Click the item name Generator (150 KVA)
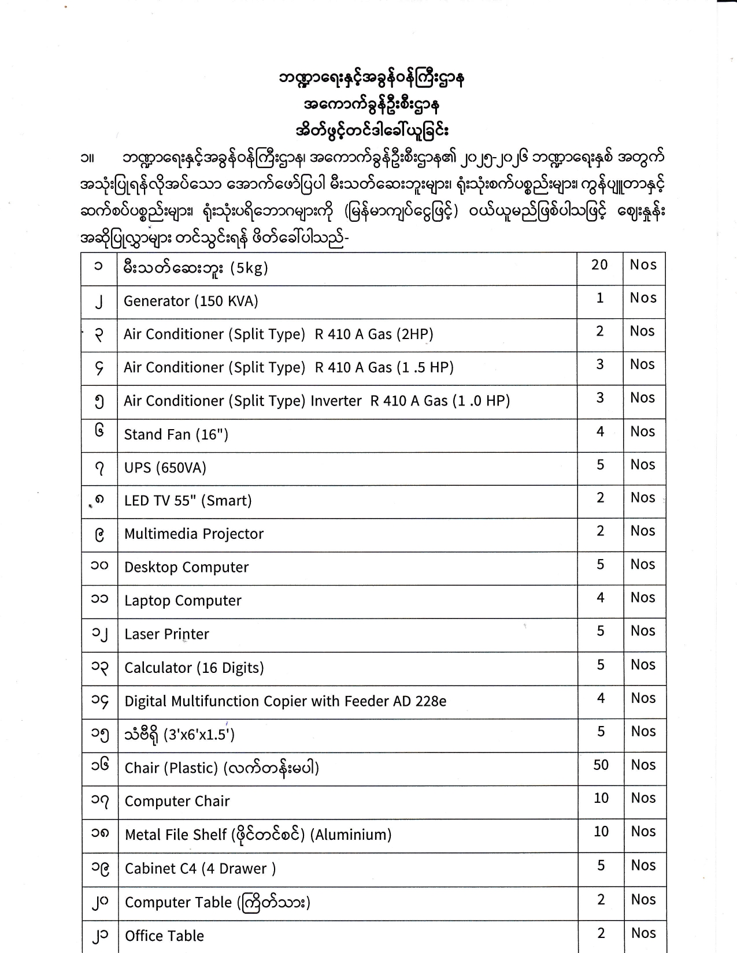tap(191, 301)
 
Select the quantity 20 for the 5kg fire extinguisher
tap(599, 265)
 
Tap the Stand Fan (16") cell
tap(176, 434)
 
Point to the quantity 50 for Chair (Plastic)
tap(601, 765)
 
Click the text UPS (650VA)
tap(165, 467)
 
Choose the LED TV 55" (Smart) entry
tap(188, 500)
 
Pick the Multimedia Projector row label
tap(194, 534)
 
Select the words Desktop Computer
tap(186, 567)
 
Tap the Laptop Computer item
tap(183, 601)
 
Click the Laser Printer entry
tap(166, 634)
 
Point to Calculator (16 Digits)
tap(194, 668)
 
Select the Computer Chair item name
tap(177, 801)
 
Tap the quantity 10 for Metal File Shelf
tap(601, 831)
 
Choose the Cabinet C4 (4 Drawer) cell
tap(200, 869)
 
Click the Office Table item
tap(164, 936)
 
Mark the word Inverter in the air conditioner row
tap(336, 401)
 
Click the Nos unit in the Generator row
tap(643, 298)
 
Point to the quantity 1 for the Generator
tap(600, 298)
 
